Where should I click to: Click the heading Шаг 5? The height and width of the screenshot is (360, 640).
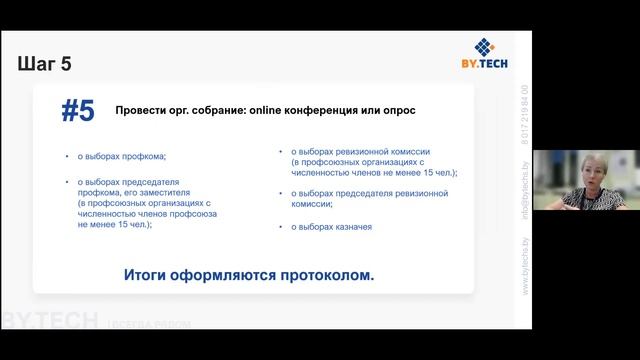(x=45, y=65)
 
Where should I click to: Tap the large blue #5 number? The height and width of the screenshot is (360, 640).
(x=78, y=111)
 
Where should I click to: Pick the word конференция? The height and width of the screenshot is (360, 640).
(x=319, y=110)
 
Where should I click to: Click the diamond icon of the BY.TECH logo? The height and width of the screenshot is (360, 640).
(x=485, y=47)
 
